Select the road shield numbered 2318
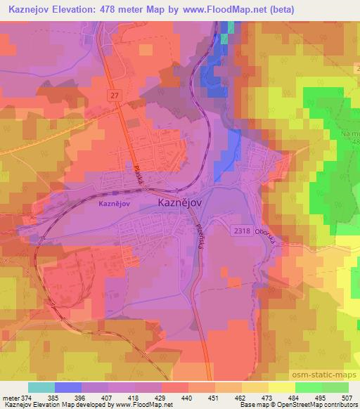click(x=242, y=230)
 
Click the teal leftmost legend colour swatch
click(x=41, y=387)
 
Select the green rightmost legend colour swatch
click(x=335, y=387)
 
